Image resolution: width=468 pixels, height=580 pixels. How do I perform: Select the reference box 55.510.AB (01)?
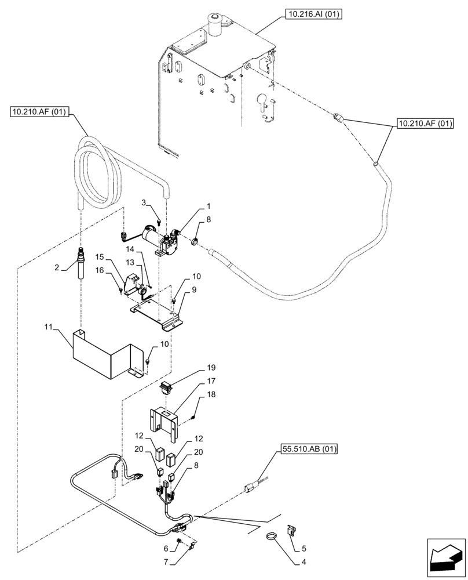tap(310, 449)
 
